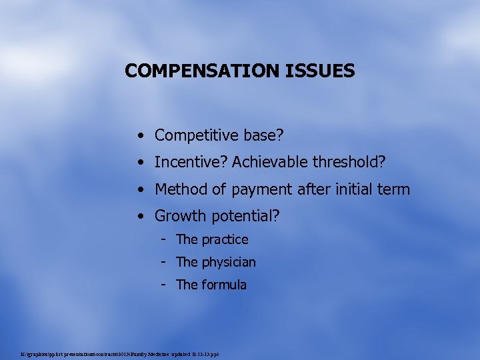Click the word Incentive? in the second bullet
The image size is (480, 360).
click(x=191, y=162)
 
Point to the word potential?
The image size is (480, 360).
click(x=245, y=217)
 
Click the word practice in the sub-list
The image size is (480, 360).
click(x=225, y=239)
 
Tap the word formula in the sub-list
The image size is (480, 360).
click(x=224, y=285)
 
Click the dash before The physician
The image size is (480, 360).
click(x=163, y=262)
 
